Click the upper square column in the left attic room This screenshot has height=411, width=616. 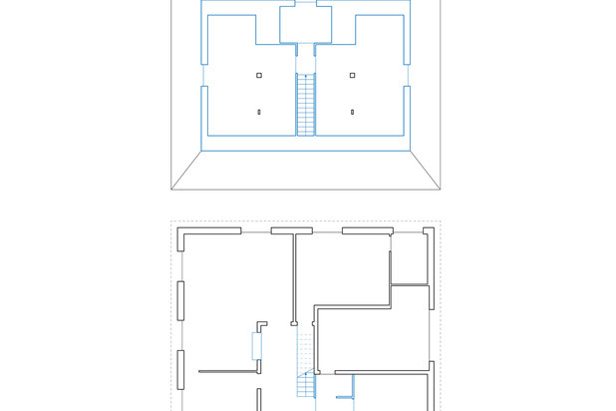[x=259, y=75]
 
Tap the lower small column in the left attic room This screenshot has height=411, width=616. [x=259, y=112]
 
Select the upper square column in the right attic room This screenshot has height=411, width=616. [x=352, y=75]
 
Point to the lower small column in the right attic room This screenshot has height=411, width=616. [x=352, y=112]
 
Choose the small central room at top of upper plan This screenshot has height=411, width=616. [x=305, y=24]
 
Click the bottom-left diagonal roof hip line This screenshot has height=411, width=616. [x=186, y=170]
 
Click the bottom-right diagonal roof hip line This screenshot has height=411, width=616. [x=426, y=170]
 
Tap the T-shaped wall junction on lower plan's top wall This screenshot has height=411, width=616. [x=292, y=232]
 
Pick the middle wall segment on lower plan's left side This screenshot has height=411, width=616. [x=180, y=300]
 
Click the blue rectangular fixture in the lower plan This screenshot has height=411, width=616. [x=257, y=346]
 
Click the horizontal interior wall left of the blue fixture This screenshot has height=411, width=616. [x=227, y=371]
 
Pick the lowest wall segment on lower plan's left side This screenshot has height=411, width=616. [x=180, y=370]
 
